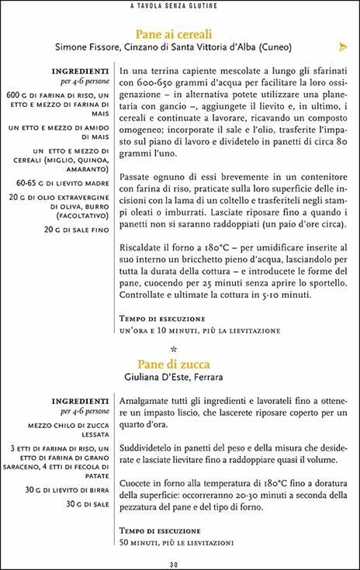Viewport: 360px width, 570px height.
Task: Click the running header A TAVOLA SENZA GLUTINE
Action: (x=179, y=7)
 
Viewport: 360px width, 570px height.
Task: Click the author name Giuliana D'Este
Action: (x=161, y=378)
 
